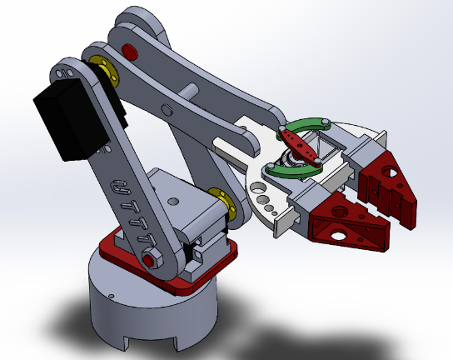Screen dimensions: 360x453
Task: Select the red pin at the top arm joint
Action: pyautogui.click(x=129, y=52)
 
